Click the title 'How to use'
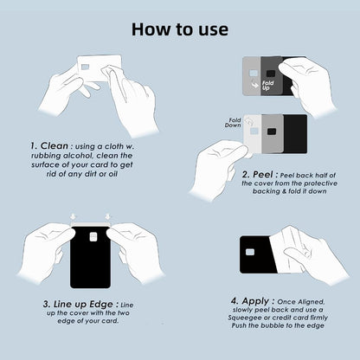point(180,28)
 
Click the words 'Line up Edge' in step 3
point(77,304)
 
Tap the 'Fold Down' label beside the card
point(234,123)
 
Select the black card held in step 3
point(89,260)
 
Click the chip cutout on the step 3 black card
point(89,237)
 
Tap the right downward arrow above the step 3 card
point(107,217)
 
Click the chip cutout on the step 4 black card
point(250,252)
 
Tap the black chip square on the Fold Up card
point(271,74)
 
